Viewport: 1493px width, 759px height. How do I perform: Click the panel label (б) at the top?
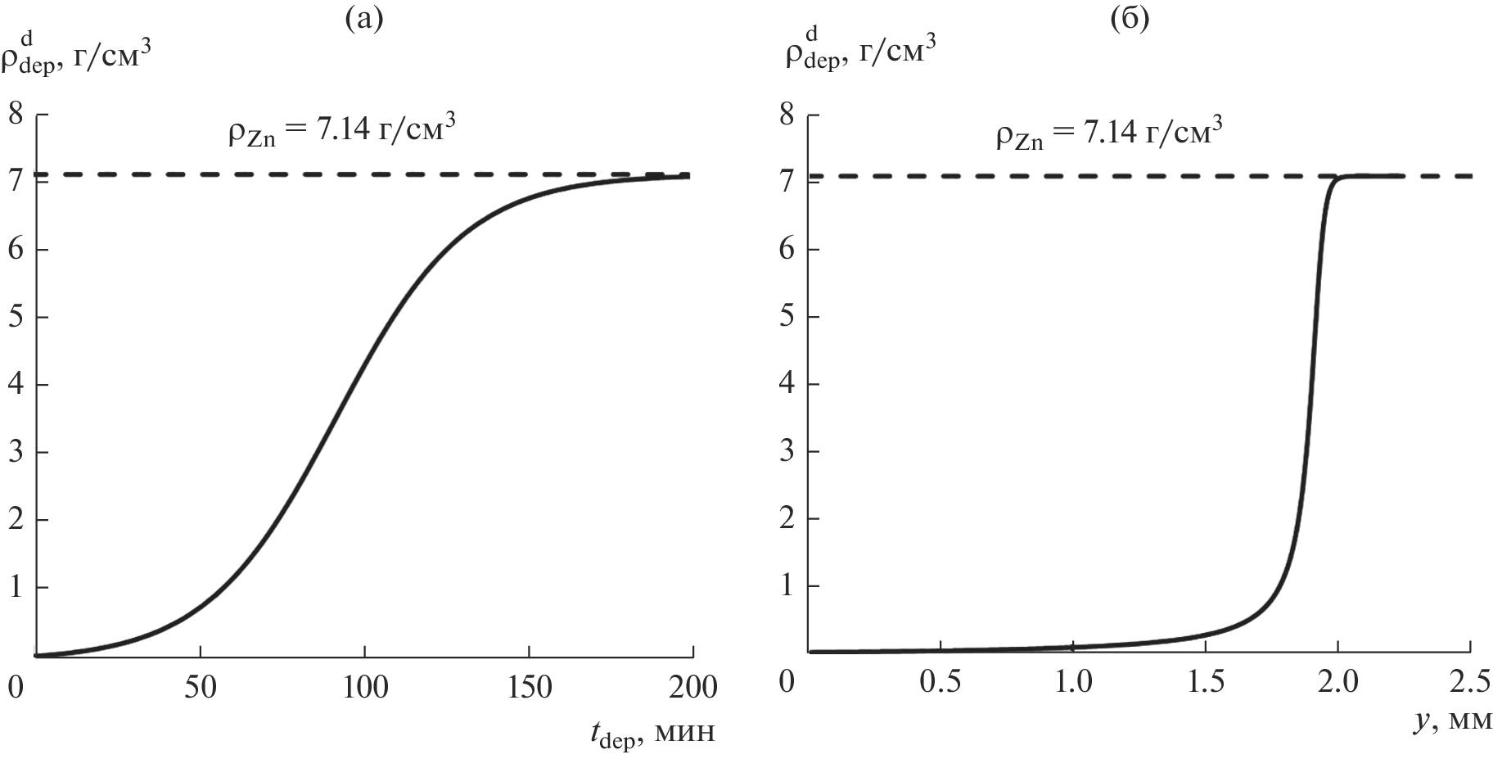pyautogui.click(x=1130, y=18)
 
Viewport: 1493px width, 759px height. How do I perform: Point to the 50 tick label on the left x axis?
pyautogui.click(x=201, y=688)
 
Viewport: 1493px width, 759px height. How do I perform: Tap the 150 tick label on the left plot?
pyautogui.click(x=529, y=688)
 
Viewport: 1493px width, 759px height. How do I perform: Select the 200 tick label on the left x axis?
pyautogui.click(x=692, y=688)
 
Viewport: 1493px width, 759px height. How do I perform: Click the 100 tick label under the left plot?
pyautogui.click(x=365, y=688)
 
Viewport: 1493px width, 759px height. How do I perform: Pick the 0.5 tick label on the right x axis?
pyautogui.click(x=940, y=682)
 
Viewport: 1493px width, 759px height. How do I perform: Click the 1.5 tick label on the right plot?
pyautogui.click(x=1205, y=682)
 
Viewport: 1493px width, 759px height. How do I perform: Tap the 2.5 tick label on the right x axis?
pyautogui.click(x=1470, y=682)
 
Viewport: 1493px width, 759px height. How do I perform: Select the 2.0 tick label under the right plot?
pyautogui.click(x=1337, y=682)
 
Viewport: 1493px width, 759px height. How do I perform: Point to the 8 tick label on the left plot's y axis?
pyautogui.click(x=16, y=115)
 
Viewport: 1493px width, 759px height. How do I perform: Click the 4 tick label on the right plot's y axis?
pyautogui.click(x=787, y=384)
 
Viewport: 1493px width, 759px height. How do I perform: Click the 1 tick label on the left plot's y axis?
pyautogui.click(x=16, y=588)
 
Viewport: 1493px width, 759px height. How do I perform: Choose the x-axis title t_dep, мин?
pyautogui.click(x=652, y=731)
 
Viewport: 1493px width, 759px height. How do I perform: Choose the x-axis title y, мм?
pyautogui.click(x=1452, y=721)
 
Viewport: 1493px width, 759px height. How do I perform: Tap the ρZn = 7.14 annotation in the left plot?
pyautogui.click(x=341, y=133)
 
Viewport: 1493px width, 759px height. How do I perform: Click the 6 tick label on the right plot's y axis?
pyautogui.click(x=787, y=249)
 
